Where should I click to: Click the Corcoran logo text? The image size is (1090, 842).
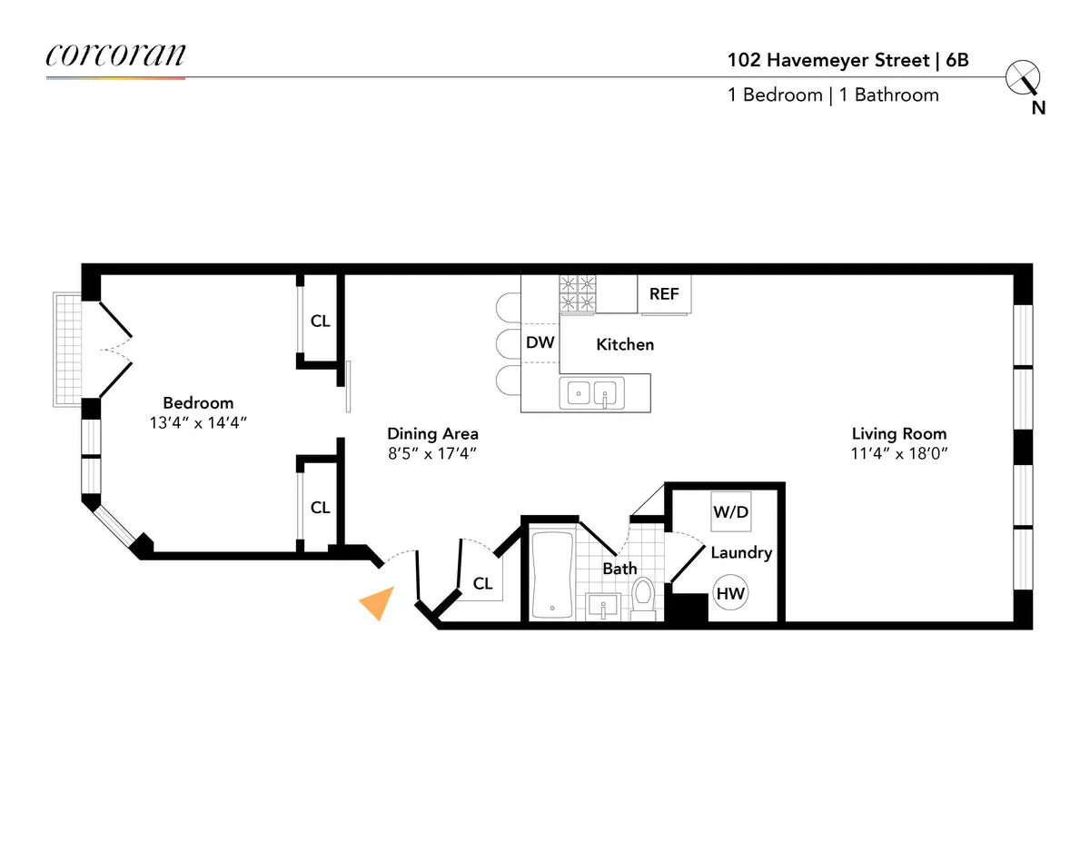115,55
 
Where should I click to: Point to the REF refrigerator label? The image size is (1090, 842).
664,294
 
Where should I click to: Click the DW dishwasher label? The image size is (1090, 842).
540,343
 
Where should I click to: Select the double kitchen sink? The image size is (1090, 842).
592,393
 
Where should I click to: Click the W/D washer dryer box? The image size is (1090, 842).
730,512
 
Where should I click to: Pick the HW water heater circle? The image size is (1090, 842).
730,594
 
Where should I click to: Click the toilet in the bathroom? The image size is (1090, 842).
643,597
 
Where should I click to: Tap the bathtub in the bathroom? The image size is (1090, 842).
552,574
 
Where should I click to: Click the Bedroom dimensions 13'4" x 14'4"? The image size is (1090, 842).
198,422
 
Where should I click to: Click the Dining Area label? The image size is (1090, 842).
432,433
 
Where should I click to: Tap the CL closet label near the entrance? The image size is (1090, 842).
482,584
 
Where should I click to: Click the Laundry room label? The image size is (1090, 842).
741,552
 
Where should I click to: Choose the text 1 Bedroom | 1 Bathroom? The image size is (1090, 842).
833,95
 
